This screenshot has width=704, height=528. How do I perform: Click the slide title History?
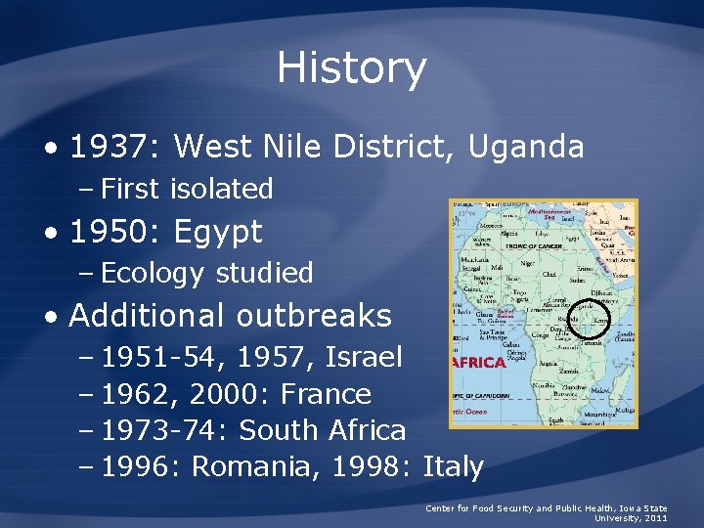351,68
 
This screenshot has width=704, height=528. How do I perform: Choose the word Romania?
257,466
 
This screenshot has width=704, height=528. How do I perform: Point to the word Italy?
454,466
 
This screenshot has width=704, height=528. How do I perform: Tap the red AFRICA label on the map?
478,362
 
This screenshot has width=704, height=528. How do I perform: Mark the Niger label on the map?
532,262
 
